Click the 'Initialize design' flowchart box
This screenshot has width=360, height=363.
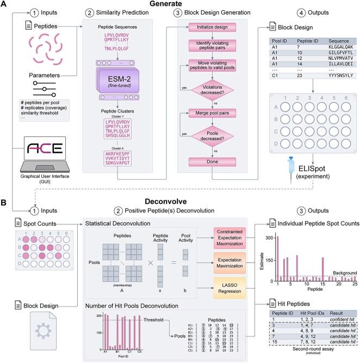point(212,27)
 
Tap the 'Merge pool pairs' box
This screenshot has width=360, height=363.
point(212,114)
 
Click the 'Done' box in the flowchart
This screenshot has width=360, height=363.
point(212,162)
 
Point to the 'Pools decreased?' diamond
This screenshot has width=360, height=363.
point(212,137)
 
